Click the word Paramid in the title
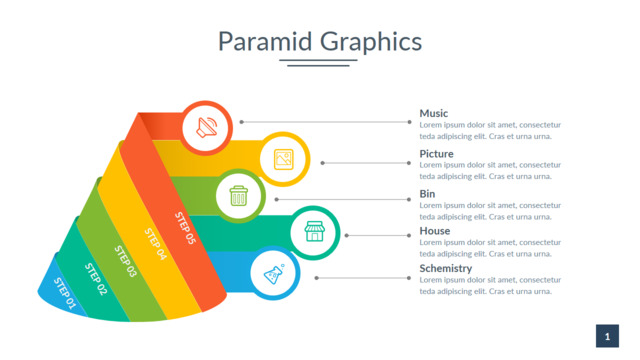[265, 41]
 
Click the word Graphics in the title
[371, 43]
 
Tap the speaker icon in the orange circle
[207, 127]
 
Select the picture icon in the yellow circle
[284, 159]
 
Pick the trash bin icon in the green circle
[239, 196]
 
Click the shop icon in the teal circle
[315, 231]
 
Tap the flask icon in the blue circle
[274, 273]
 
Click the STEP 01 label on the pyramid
[65, 293]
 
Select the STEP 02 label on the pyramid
[96, 279]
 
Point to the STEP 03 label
[125, 261]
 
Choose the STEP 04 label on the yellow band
[156, 244]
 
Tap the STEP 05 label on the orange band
[185, 228]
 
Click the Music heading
[433, 113]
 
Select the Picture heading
[436, 154]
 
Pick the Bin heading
[427, 194]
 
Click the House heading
[435, 231]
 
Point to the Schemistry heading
[446, 269]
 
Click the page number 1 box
[607, 336]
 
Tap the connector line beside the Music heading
[325, 122]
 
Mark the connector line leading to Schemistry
[362, 278]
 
